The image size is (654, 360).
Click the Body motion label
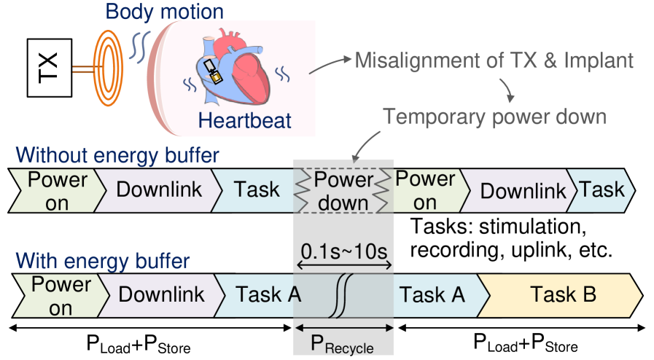[165, 12]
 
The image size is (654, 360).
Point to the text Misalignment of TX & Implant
[494, 60]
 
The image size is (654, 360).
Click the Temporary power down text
[494, 117]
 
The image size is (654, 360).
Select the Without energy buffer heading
[117, 155]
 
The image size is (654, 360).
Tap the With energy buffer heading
[104, 260]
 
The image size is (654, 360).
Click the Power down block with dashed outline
[343, 191]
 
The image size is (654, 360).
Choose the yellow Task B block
[563, 295]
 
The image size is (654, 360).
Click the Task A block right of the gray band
[432, 295]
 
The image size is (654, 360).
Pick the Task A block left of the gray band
[268, 295]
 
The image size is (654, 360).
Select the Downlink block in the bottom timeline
[161, 295]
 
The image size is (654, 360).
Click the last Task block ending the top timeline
[602, 190]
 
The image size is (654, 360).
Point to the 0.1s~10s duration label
[343, 253]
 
